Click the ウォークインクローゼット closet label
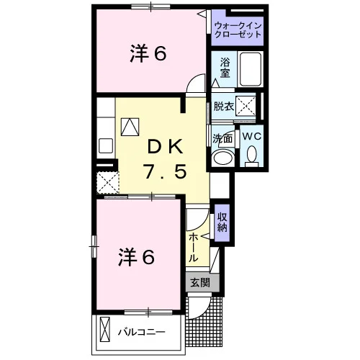(x=238, y=30)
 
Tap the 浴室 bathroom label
(x=225, y=68)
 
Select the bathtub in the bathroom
(x=251, y=69)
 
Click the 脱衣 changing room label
(x=224, y=107)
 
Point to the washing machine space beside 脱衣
(x=246, y=106)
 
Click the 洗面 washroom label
(x=222, y=138)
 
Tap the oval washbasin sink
(x=224, y=157)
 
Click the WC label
(x=251, y=136)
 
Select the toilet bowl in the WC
(x=251, y=156)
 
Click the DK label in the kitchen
(x=166, y=147)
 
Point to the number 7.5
(x=165, y=171)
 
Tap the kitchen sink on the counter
(x=106, y=145)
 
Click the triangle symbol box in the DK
(x=130, y=127)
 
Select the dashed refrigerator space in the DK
(x=108, y=183)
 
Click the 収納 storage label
(x=222, y=222)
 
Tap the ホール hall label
(x=194, y=248)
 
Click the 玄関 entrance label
(x=200, y=283)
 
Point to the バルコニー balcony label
(x=141, y=332)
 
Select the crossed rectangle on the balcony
(x=105, y=329)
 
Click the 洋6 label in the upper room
(x=148, y=54)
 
